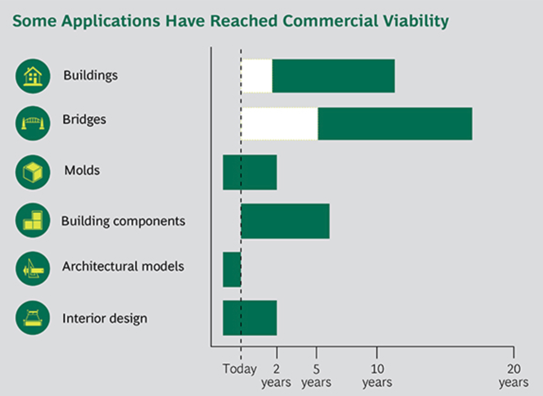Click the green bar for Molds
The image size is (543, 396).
point(250,172)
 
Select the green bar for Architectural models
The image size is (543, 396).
point(232,269)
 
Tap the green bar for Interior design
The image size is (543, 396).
point(250,318)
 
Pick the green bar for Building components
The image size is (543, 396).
point(285,221)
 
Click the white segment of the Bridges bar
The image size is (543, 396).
point(279,124)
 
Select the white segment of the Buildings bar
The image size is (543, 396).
point(257,76)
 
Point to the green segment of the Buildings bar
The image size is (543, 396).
point(334,76)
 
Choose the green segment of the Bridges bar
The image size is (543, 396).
point(395,124)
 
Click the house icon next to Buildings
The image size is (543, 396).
point(33,76)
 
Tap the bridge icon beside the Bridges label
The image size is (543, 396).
point(33,123)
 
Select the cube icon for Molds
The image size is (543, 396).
point(33,172)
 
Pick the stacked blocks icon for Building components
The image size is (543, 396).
point(33,220)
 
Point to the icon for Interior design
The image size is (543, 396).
point(33,317)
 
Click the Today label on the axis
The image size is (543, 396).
point(240,369)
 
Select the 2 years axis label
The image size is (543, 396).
point(276,376)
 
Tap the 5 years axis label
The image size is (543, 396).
point(316,376)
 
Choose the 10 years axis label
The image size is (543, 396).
point(377,376)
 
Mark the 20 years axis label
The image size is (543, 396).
point(514,376)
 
